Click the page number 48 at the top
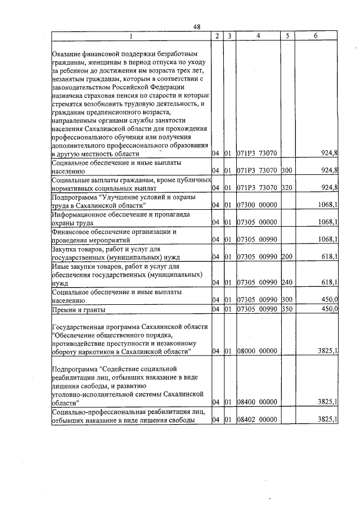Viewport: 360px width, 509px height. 196,27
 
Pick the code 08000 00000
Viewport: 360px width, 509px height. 256,352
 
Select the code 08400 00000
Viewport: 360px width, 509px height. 256,402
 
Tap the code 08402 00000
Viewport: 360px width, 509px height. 256,420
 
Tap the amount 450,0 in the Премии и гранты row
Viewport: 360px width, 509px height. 328,309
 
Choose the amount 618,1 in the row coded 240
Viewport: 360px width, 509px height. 328,283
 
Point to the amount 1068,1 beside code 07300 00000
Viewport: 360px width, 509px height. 327,205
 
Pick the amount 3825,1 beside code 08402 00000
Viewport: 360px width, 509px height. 327,420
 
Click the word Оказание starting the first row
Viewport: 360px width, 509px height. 66,53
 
